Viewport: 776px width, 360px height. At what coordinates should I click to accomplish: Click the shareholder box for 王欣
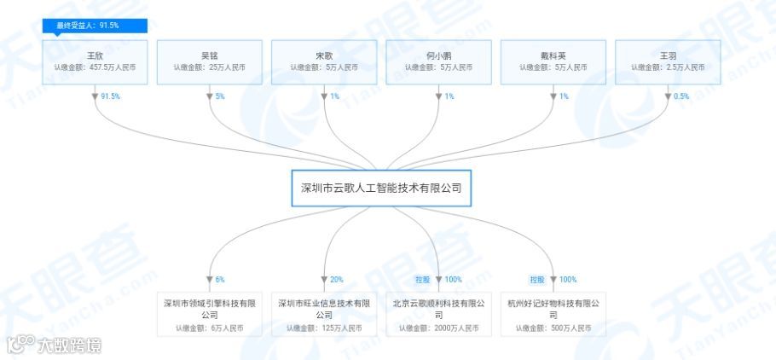[96, 61]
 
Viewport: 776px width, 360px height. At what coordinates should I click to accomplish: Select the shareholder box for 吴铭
[210, 61]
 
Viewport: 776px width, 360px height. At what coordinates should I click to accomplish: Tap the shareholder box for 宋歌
[324, 61]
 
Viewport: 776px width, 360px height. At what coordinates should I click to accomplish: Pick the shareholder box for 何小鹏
[438, 61]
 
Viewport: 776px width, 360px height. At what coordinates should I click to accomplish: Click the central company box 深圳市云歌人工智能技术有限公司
[381, 189]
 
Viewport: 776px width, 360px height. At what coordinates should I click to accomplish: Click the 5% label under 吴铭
[220, 96]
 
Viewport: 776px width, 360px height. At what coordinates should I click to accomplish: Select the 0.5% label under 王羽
[681, 96]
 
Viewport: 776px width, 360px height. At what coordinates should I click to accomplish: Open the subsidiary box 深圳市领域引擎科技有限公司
[210, 314]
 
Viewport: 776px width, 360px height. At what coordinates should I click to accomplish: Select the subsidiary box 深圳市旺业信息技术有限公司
[324, 314]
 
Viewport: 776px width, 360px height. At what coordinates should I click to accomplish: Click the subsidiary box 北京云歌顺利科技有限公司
[438, 314]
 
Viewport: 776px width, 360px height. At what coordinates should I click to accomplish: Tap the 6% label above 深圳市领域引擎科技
[220, 280]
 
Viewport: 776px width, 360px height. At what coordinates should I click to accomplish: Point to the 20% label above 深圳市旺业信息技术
[336, 280]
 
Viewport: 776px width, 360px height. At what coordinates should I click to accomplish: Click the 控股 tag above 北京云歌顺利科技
[422, 280]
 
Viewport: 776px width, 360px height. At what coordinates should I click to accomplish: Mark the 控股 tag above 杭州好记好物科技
[536, 280]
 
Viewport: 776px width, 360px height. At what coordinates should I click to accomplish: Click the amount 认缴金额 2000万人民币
[438, 328]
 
